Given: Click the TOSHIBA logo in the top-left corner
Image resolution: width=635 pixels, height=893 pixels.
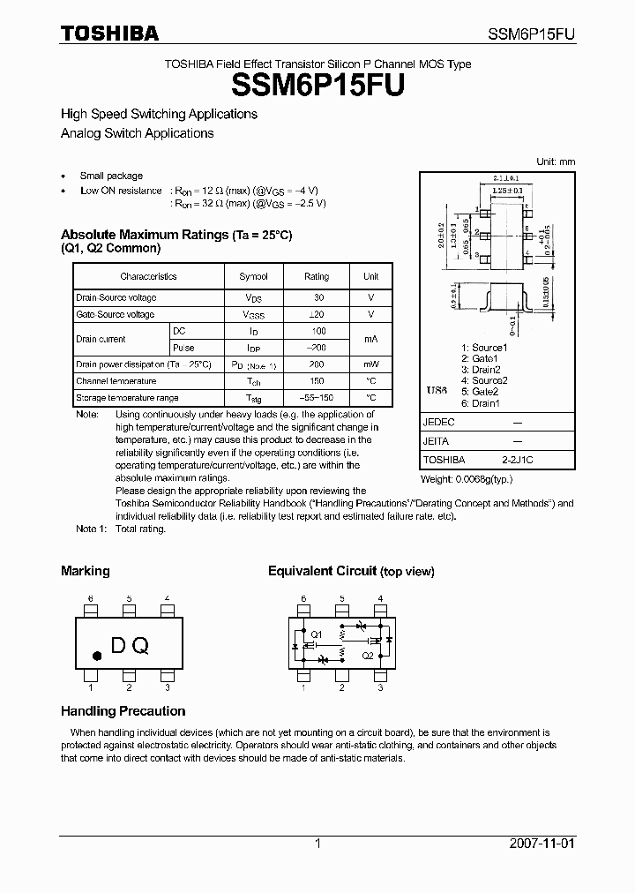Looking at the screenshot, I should tap(109, 34).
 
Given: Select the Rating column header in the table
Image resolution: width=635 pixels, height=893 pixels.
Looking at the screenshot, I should tap(317, 276).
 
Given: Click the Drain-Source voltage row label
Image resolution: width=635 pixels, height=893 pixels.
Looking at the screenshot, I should tap(116, 297).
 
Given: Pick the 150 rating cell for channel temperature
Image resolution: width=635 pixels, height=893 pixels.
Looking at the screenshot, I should tap(317, 381).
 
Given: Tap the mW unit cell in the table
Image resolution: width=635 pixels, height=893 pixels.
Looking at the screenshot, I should tap(371, 364).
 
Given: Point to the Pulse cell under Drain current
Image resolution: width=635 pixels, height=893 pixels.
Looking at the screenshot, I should tap(183, 348).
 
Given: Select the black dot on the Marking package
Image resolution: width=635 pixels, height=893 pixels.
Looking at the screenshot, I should tap(97, 655).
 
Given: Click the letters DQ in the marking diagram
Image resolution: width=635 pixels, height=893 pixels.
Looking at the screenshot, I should tap(130, 646).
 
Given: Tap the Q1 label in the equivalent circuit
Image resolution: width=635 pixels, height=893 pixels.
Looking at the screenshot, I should tap(317, 634).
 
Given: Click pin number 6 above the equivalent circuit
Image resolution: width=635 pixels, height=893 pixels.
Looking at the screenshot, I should tap(303, 599).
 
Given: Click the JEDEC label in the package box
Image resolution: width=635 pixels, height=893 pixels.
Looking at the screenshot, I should tap(438, 423).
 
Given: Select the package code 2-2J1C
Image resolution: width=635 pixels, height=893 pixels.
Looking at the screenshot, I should tap(517, 460).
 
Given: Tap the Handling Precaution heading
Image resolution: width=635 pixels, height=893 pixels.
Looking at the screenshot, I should tap(123, 711).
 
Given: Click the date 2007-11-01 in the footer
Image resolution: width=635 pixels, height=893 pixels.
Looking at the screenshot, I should tap(541, 844).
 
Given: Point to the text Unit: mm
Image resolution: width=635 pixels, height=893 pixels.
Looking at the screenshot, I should tap(556, 161).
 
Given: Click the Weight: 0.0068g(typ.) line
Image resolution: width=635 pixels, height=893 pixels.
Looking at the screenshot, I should tap(467, 479).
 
